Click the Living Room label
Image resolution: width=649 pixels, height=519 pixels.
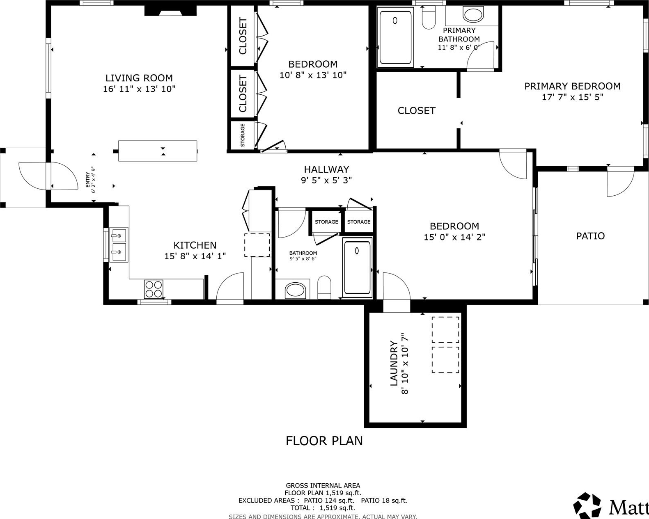click(139, 78)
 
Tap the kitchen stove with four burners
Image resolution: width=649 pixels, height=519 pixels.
click(154, 289)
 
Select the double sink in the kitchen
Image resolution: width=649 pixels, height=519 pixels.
click(119, 245)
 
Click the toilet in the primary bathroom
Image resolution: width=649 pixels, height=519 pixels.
click(429, 18)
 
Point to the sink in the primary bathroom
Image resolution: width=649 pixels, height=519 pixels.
click(473, 14)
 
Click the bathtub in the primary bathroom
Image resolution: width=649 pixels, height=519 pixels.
click(395, 37)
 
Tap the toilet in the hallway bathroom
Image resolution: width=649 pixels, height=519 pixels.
click(324, 287)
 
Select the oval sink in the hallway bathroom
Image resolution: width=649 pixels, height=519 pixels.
click(296, 290)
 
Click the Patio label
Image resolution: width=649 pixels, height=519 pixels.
click(590, 236)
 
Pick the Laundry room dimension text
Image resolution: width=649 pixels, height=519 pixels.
click(405, 364)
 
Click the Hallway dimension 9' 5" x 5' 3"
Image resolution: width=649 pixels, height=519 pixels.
click(326, 180)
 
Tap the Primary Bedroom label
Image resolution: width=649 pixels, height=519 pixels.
click(572, 86)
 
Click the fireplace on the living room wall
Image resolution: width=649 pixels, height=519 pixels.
click(171, 11)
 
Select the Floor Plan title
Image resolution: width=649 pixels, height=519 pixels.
click(324, 441)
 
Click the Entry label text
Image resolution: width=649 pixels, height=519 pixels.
click(87, 180)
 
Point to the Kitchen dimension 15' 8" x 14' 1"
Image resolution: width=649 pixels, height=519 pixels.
click(195, 256)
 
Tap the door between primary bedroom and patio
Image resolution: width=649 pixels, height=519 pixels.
click(620, 183)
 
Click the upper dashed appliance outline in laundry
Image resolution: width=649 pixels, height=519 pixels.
click(445, 330)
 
